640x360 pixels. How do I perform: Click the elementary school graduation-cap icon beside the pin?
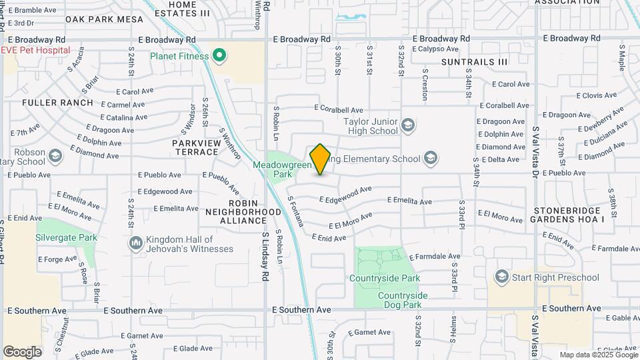[x=431, y=159]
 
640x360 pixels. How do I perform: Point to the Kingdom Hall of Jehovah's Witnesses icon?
[x=136, y=243]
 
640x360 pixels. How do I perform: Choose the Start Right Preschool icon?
[x=502, y=277]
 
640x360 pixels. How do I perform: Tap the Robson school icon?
[x=56, y=156]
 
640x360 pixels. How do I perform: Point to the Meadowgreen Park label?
[x=273, y=169]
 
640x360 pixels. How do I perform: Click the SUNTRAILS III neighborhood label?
[x=474, y=61]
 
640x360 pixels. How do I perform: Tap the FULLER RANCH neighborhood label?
[x=57, y=103]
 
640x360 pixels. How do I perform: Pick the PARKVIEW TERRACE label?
[x=195, y=147]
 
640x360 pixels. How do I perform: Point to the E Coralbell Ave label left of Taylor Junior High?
[x=339, y=110]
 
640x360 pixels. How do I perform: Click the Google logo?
[x=22, y=351]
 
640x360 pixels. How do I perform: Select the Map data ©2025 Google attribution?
[x=598, y=355]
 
